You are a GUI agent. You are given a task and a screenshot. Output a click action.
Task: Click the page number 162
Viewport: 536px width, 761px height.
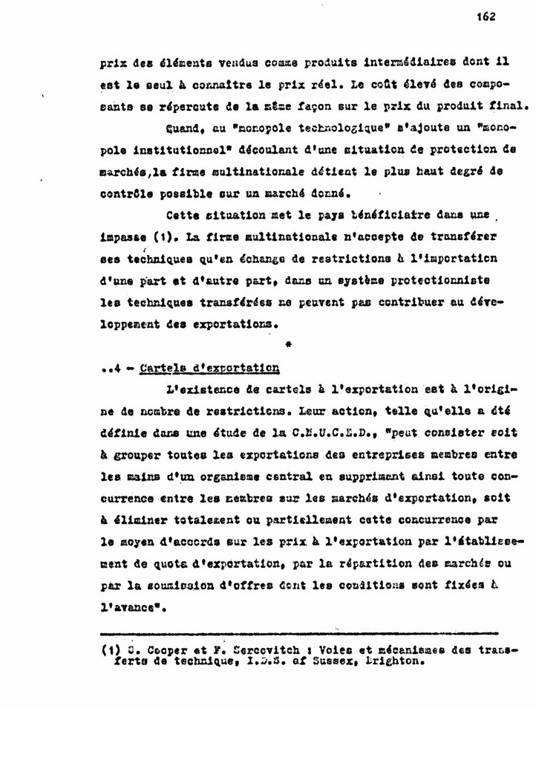point(487,17)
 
